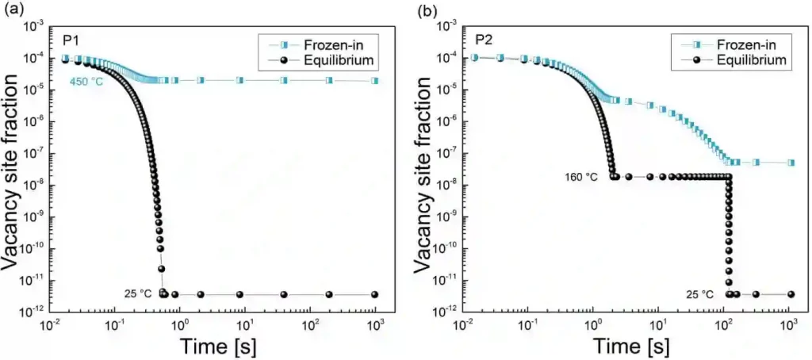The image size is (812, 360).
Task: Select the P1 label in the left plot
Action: (x=70, y=39)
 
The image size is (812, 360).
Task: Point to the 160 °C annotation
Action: (x=581, y=177)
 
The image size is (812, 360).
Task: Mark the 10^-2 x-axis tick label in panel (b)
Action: (x=462, y=326)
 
